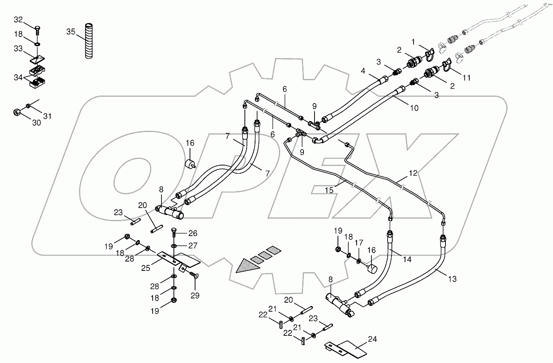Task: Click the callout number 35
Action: click(71, 31)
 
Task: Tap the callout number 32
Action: click(19, 20)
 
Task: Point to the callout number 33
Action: click(19, 49)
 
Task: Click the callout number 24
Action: click(372, 339)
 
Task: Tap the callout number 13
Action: click(452, 279)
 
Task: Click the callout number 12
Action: click(413, 173)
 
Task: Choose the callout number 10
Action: click(414, 108)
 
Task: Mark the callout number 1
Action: click(413, 41)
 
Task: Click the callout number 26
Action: click(193, 233)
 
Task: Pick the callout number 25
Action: click(146, 268)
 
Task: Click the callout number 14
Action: click(407, 259)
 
